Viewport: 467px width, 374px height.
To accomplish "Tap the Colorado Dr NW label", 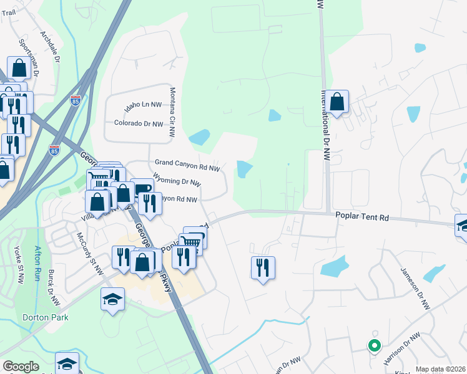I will pos(139,123).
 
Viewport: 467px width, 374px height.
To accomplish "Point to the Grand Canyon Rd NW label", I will pos(187,165).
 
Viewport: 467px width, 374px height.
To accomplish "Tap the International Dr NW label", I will pos(325,125).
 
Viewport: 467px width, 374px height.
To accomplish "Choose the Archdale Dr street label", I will pos(49,47).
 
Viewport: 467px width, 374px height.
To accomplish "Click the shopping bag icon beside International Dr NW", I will pos(337,102).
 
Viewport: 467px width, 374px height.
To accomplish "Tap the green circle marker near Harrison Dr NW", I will pos(374,345).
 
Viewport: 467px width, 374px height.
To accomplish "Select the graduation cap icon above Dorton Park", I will pos(112,300).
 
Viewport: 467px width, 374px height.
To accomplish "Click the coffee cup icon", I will pos(142,189).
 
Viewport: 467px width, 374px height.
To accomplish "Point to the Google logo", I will pos(21,367).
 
